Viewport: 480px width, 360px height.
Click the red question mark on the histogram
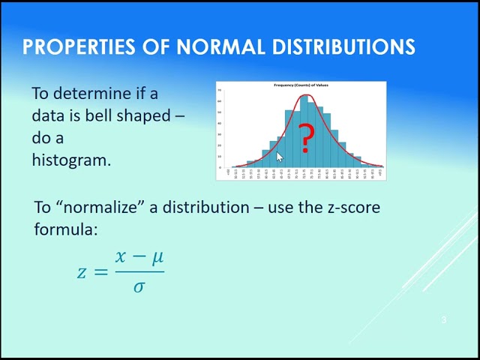[305, 139]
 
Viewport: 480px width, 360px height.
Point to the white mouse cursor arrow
[280, 156]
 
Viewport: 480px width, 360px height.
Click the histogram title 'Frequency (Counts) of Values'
[301, 85]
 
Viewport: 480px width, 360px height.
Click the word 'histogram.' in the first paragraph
[71, 160]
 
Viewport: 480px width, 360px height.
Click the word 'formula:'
[66, 229]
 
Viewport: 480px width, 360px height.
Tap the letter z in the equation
[82, 271]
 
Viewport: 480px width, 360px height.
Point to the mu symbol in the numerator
[157, 258]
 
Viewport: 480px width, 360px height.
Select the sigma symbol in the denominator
[139, 286]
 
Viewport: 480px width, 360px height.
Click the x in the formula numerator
[121, 257]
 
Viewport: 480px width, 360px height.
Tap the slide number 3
[444, 320]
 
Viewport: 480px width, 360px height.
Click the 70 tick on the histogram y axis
[219, 90]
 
